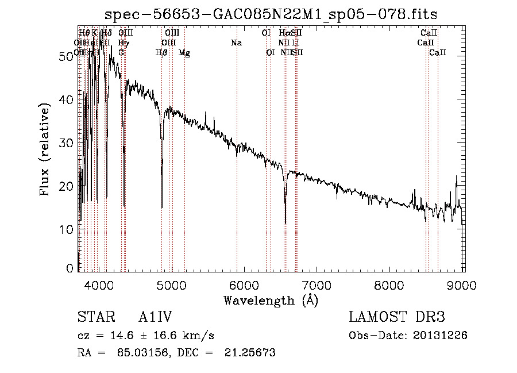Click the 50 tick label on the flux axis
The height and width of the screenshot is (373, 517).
tap(67, 56)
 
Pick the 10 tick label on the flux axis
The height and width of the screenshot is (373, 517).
tap(67, 230)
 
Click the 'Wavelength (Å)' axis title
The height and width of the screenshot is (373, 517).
tap(271, 299)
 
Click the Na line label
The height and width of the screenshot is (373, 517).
tap(236, 43)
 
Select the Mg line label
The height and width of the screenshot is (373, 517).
tap(184, 53)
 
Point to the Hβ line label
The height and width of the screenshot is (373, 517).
tap(161, 53)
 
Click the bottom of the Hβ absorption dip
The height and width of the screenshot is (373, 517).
tap(162, 207)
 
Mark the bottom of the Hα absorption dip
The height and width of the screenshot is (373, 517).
tap(285, 223)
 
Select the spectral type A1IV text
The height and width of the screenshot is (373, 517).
tap(155, 317)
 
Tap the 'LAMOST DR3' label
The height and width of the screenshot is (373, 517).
tap(396, 317)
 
